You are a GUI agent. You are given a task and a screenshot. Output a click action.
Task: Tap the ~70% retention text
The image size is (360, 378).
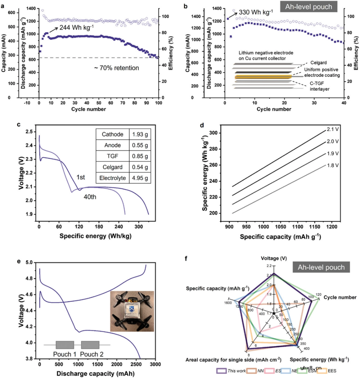(116, 68)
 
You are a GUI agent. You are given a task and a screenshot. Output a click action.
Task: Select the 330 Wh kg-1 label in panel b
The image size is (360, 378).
(256, 12)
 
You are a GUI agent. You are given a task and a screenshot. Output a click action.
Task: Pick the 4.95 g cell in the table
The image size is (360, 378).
(140, 178)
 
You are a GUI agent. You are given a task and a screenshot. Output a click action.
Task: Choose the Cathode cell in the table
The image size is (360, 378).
(112, 134)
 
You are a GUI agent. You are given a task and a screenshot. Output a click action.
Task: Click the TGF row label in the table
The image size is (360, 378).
(112, 156)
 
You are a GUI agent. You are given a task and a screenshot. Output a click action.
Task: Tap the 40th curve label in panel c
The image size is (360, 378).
(90, 197)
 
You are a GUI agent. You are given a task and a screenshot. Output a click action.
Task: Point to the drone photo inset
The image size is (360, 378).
(132, 311)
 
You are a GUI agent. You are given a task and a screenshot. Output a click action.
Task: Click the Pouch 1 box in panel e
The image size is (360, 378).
(65, 345)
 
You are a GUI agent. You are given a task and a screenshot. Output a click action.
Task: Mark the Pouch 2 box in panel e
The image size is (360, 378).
(90, 345)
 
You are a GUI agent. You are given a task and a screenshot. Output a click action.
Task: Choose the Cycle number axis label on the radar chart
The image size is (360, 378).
(340, 297)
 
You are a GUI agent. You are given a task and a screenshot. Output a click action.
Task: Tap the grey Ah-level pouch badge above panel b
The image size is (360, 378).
(308, 7)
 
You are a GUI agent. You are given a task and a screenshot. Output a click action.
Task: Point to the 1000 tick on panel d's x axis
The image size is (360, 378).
(263, 227)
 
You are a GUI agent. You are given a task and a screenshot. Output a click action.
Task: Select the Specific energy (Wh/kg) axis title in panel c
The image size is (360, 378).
(95, 236)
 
